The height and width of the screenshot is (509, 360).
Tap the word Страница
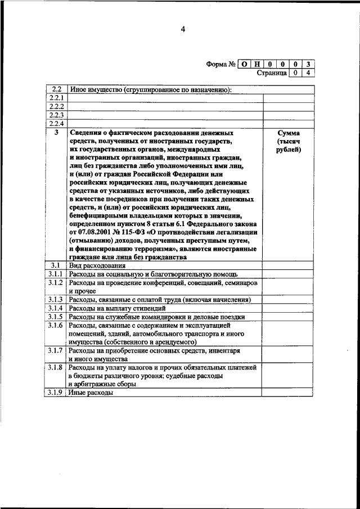(x=271, y=73)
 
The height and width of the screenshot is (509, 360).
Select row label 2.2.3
(x=56, y=115)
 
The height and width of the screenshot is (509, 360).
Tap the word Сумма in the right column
(x=289, y=133)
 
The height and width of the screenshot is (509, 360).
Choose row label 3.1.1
(x=56, y=273)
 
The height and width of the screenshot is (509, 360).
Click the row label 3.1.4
(x=56, y=308)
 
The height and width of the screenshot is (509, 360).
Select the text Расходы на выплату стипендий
(x=117, y=308)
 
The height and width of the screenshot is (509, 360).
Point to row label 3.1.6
(x=56, y=326)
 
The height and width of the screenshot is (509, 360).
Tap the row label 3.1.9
(x=56, y=393)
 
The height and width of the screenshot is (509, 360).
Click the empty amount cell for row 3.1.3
(x=289, y=300)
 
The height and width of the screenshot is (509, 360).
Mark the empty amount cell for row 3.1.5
(x=289, y=317)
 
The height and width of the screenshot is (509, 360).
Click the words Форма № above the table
(x=220, y=64)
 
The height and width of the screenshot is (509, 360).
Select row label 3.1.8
(x=56, y=367)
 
